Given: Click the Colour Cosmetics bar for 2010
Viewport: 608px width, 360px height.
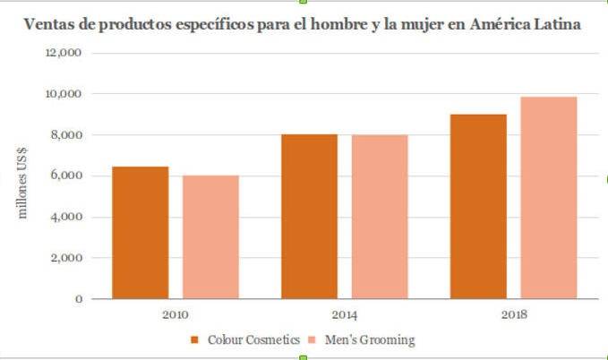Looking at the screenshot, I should coord(141,233).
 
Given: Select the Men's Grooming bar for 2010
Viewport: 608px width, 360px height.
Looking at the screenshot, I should coord(210,237).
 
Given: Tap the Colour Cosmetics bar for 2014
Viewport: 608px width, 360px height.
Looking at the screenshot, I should coord(309,216).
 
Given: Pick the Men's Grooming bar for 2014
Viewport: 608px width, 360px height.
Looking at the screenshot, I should coord(380,217).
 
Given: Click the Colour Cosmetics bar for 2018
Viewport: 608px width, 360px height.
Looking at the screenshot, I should coord(478,206).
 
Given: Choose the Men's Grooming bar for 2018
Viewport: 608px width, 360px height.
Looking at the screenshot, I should coord(549,197).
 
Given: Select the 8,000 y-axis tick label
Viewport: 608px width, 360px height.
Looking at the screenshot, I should coord(66,135).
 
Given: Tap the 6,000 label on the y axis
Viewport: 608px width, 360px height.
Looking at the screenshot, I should coord(66,176).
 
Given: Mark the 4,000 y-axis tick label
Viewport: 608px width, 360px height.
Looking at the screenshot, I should coord(66,217).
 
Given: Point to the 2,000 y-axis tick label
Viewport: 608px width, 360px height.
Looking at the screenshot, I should coord(66,258).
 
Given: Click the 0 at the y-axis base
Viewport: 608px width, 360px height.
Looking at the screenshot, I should coord(79,299).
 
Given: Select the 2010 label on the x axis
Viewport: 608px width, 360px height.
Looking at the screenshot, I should coord(176,314).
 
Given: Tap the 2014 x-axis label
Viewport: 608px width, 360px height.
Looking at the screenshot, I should coord(345,314).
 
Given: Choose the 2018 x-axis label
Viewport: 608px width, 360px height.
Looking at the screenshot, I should coord(514,314).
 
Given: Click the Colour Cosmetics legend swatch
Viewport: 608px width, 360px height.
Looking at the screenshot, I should coord(196,340).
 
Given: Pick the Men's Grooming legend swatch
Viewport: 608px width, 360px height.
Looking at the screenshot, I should coord(313,340).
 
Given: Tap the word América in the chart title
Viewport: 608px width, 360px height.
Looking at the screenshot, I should coord(501,25).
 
